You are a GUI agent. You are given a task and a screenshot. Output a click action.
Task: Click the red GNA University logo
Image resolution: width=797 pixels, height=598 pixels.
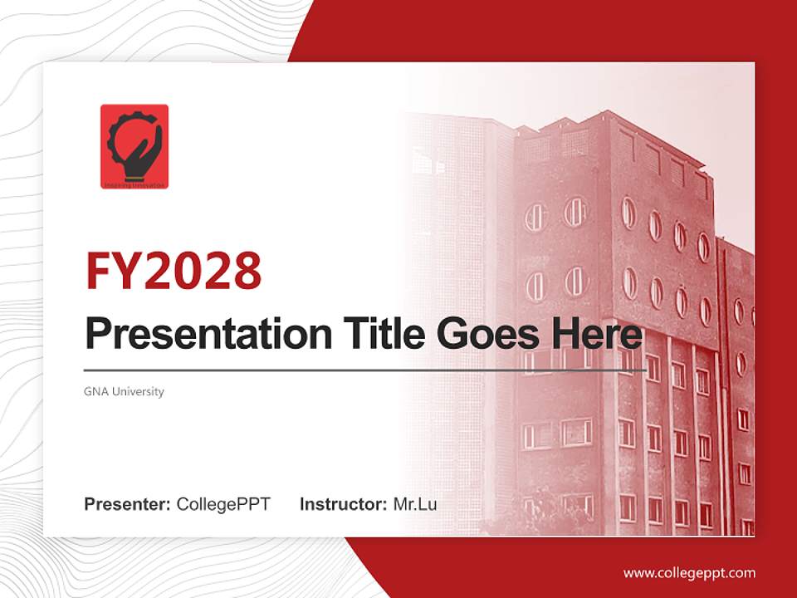pos(134,146)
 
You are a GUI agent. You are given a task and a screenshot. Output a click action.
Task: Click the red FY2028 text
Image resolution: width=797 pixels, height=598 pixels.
pos(174,271)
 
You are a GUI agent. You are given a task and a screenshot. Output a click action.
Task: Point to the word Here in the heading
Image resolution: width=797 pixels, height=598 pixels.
pos(594,334)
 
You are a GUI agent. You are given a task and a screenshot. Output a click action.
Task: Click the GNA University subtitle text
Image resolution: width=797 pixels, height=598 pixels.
pos(124,391)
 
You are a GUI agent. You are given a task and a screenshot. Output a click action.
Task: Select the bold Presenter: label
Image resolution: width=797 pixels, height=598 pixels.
pos(128,504)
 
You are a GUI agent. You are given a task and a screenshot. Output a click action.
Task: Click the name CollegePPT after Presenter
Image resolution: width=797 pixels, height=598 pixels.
pos(223,504)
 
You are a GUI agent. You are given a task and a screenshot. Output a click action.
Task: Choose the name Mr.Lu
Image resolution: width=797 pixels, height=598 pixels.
pos(415,504)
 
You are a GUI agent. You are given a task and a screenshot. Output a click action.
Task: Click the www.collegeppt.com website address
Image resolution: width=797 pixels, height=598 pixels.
pos(689,572)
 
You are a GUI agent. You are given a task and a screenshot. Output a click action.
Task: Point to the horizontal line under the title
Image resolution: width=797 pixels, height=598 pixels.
pos(365,370)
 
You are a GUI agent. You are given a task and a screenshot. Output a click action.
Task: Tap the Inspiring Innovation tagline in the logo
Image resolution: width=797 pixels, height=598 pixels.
pos(134,185)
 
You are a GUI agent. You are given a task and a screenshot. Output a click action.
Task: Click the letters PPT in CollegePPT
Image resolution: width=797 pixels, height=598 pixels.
pos(253,504)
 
